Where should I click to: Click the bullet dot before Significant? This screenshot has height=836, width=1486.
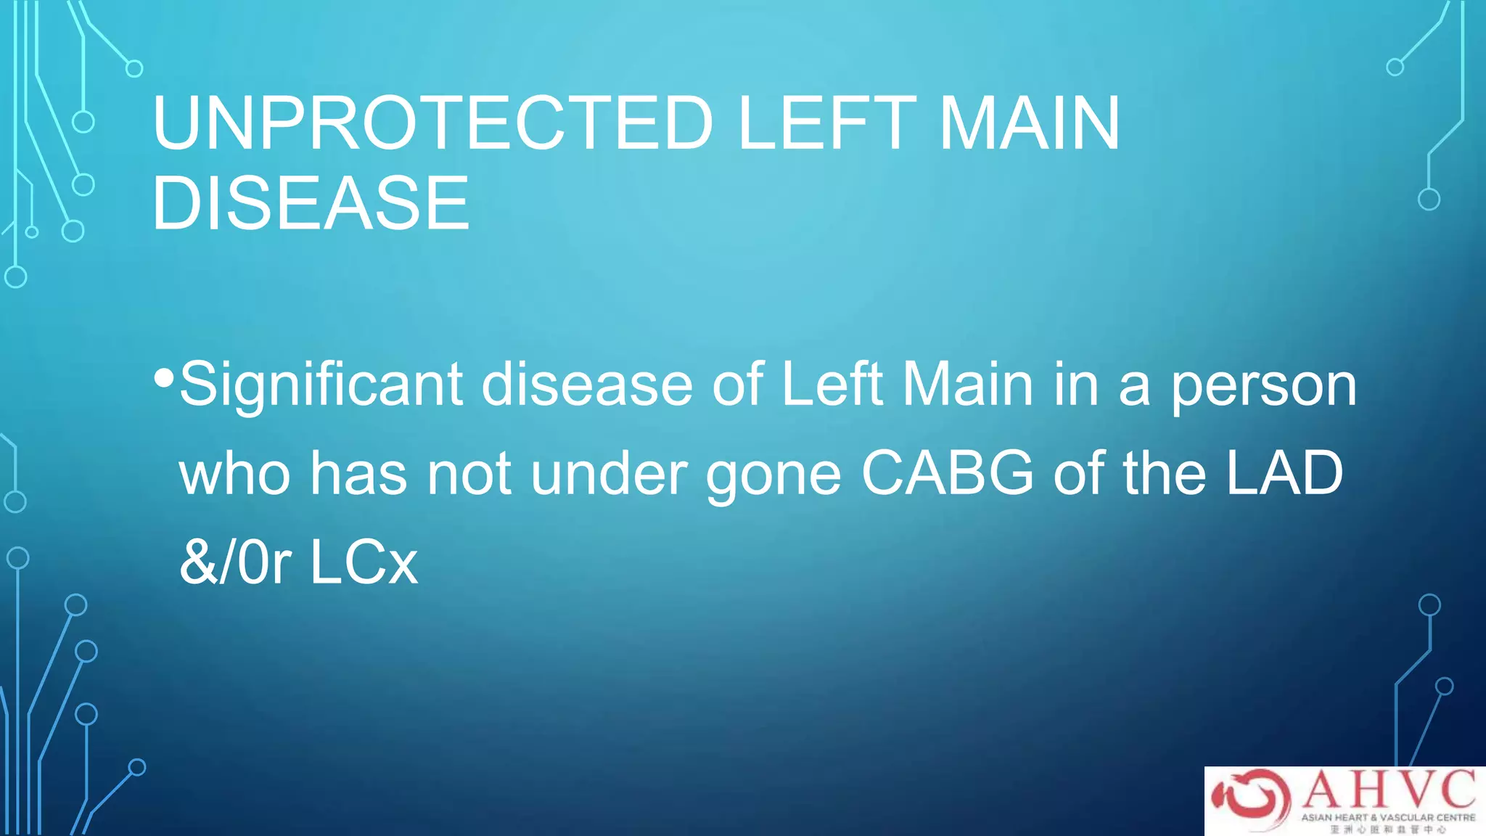pyautogui.click(x=164, y=377)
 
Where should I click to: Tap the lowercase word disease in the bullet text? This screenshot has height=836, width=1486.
pyautogui.click(x=587, y=385)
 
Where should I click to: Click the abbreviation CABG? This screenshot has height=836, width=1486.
pyautogui.click(x=947, y=473)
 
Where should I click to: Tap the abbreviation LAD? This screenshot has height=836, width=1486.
pyautogui.click(x=1284, y=473)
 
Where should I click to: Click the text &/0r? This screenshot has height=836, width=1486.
pyautogui.click(x=235, y=562)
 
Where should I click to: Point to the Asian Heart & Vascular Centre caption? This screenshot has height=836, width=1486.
pyautogui.click(x=1388, y=817)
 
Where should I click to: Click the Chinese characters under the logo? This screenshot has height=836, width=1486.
pyautogui.click(x=1388, y=829)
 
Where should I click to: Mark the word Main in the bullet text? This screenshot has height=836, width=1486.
pyautogui.click(x=967, y=385)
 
